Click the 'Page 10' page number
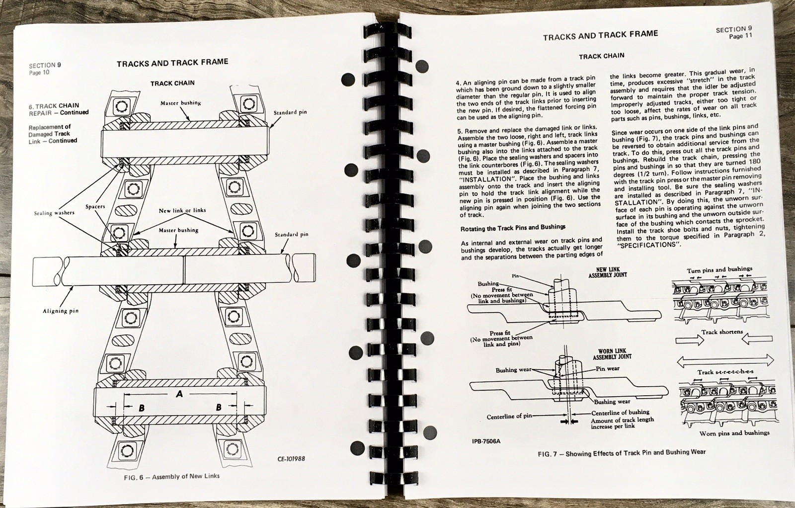(39, 73)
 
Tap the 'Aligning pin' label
(61, 311)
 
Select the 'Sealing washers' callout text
(54, 213)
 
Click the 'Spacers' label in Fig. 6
(95, 206)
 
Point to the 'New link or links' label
(182, 210)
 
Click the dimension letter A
(179, 394)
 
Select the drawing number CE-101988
(291, 458)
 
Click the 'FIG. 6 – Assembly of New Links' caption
(171, 477)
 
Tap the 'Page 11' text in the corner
(740, 36)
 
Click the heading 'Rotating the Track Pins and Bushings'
(513, 227)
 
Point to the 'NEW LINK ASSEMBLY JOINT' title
(608, 272)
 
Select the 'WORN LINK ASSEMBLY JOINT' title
(612, 353)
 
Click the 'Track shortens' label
(722, 332)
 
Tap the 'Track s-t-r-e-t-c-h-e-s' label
(725, 372)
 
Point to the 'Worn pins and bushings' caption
(734, 433)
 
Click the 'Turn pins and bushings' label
(719, 270)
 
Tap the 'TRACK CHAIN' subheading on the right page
(601, 56)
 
